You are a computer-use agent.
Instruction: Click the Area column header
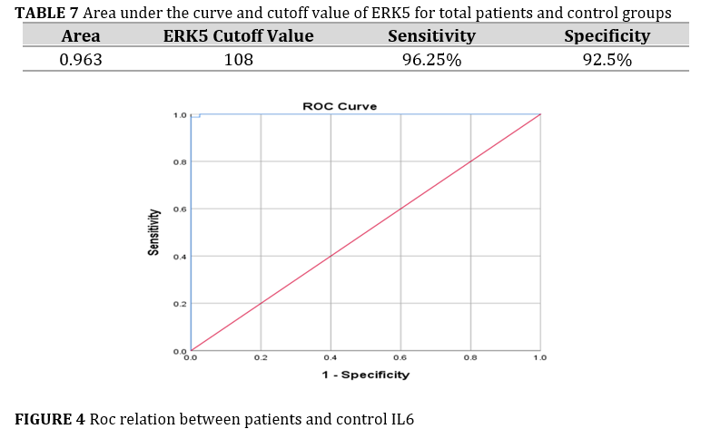point(80,36)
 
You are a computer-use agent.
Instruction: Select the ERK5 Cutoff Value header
point(238,36)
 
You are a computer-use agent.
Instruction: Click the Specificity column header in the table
point(607,36)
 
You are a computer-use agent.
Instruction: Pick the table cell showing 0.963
point(80,60)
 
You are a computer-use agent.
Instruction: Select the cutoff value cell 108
point(238,60)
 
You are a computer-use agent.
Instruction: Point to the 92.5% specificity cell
point(607,60)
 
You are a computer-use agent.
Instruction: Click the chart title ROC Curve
point(340,106)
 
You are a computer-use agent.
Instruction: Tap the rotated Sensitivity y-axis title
point(153,232)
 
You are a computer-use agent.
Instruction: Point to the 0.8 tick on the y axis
point(180,162)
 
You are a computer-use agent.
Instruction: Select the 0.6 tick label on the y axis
point(180,210)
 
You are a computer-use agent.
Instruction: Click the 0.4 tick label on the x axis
point(331,358)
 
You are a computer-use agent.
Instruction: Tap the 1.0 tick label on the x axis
point(540,358)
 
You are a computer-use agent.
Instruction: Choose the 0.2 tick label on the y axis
point(180,303)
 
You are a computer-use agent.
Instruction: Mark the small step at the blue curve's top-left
point(196,115)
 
